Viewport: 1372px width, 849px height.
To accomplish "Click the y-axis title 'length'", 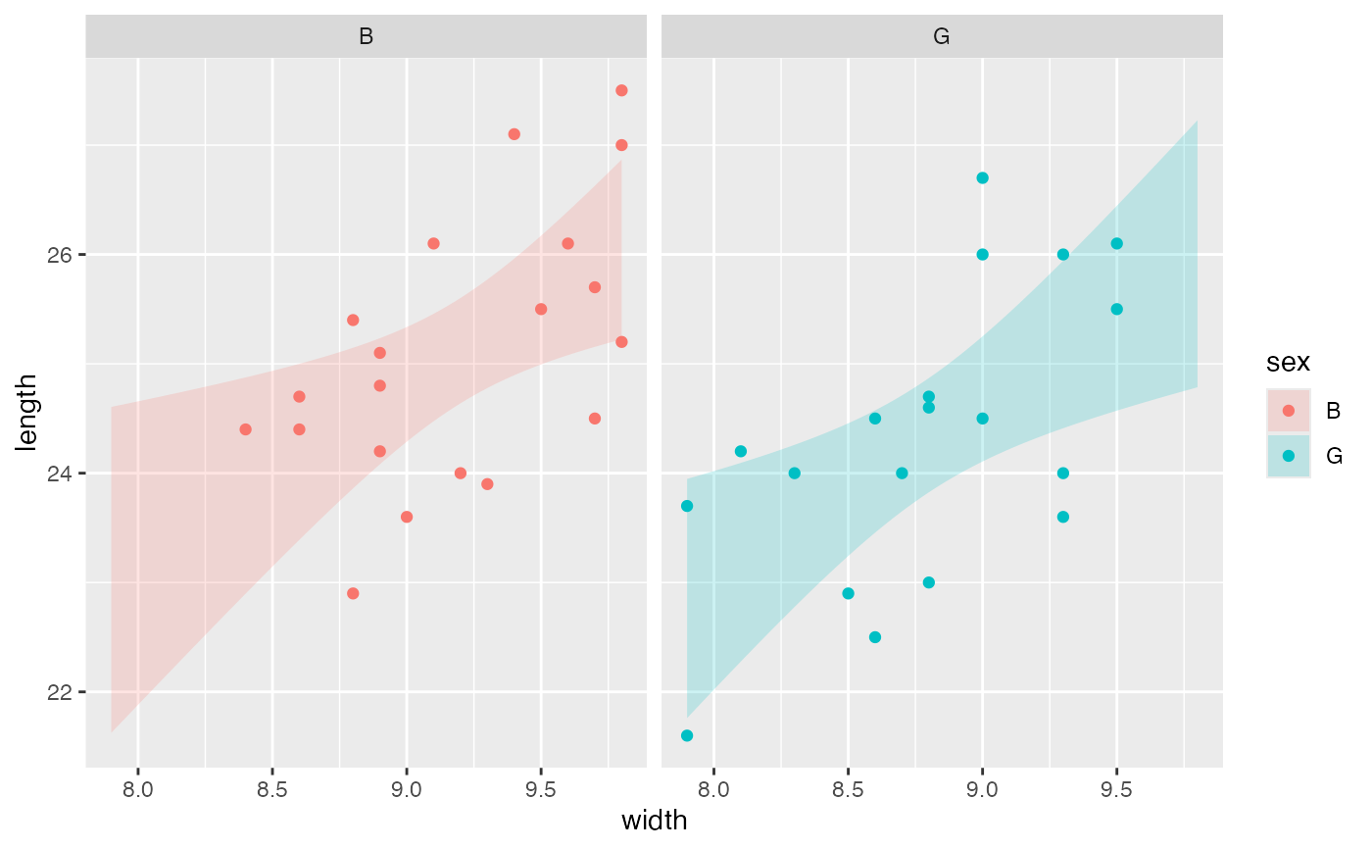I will click(28, 412).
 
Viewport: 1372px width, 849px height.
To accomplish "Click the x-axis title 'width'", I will click(655, 821).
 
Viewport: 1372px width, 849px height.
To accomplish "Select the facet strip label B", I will click(366, 37).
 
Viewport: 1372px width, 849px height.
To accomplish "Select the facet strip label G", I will click(942, 37).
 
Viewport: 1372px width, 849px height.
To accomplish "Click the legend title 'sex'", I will click(1288, 364).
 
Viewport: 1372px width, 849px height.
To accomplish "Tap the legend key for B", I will click(1289, 411).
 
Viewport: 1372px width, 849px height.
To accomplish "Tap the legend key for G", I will click(1289, 456).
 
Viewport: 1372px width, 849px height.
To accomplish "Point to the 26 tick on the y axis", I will click(64, 255).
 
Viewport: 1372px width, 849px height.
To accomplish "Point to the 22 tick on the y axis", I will click(64, 692).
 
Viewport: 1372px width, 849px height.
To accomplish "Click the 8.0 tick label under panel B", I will click(138, 789).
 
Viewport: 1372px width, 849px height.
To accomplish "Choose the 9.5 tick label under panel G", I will click(1116, 789).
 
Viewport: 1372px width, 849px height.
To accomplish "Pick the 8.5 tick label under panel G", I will click(848, 789).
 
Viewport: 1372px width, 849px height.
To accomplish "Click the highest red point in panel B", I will click(621, 90).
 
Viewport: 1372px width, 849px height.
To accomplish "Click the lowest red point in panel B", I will click(353, 593).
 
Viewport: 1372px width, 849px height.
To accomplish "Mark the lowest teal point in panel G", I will click(687, 735).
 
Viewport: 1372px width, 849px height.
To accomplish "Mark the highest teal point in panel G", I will click(982, 177).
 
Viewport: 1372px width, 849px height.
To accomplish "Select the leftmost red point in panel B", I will click(245, 429).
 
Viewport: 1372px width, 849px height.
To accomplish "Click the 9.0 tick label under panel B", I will click(407, 789).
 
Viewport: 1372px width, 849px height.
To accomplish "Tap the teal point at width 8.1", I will click(741, 451).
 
